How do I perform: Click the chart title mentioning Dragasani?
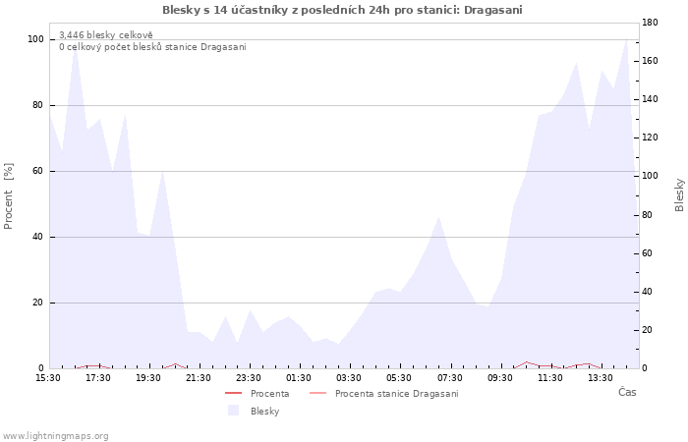342,10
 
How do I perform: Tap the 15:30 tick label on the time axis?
48,378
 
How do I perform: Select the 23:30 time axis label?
249,378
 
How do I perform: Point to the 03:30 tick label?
349,378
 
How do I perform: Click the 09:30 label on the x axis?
499,378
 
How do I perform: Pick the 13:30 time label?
601,378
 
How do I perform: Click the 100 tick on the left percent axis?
36,39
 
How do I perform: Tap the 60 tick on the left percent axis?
37,171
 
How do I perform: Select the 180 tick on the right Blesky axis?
650,23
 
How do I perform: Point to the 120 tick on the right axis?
650,138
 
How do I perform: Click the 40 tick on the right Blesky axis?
647,292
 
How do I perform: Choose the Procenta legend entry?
258,394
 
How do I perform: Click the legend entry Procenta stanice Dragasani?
384,394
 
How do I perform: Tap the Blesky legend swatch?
234,411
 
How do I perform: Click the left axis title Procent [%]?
8,196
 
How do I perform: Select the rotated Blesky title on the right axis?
679,194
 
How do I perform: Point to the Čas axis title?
627,392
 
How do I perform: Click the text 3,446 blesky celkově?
106,35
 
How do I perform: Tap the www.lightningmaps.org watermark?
54,436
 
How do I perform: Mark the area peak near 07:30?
438,216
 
